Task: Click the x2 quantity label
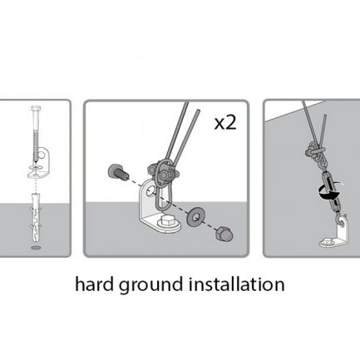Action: [x=225, y=123]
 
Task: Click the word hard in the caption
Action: [x=94, y=284]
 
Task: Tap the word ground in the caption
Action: [x=151, y=286]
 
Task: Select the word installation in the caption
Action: [x=236, y=284]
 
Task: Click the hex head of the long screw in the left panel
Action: [x=36, y=108]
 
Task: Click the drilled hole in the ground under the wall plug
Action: [x=36, y=247]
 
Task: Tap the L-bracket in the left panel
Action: [x=39, y=164]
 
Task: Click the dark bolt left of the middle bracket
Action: [x=118, y=173]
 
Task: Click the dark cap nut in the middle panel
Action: [x=224, y=234]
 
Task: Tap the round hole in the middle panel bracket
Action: [x=150, y=190]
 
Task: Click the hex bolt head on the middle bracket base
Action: [x=165, y=221]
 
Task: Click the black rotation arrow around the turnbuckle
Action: [x=330, y=192]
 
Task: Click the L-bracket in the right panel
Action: [x=336, y=234]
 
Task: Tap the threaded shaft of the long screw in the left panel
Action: [x=36, y=144]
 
